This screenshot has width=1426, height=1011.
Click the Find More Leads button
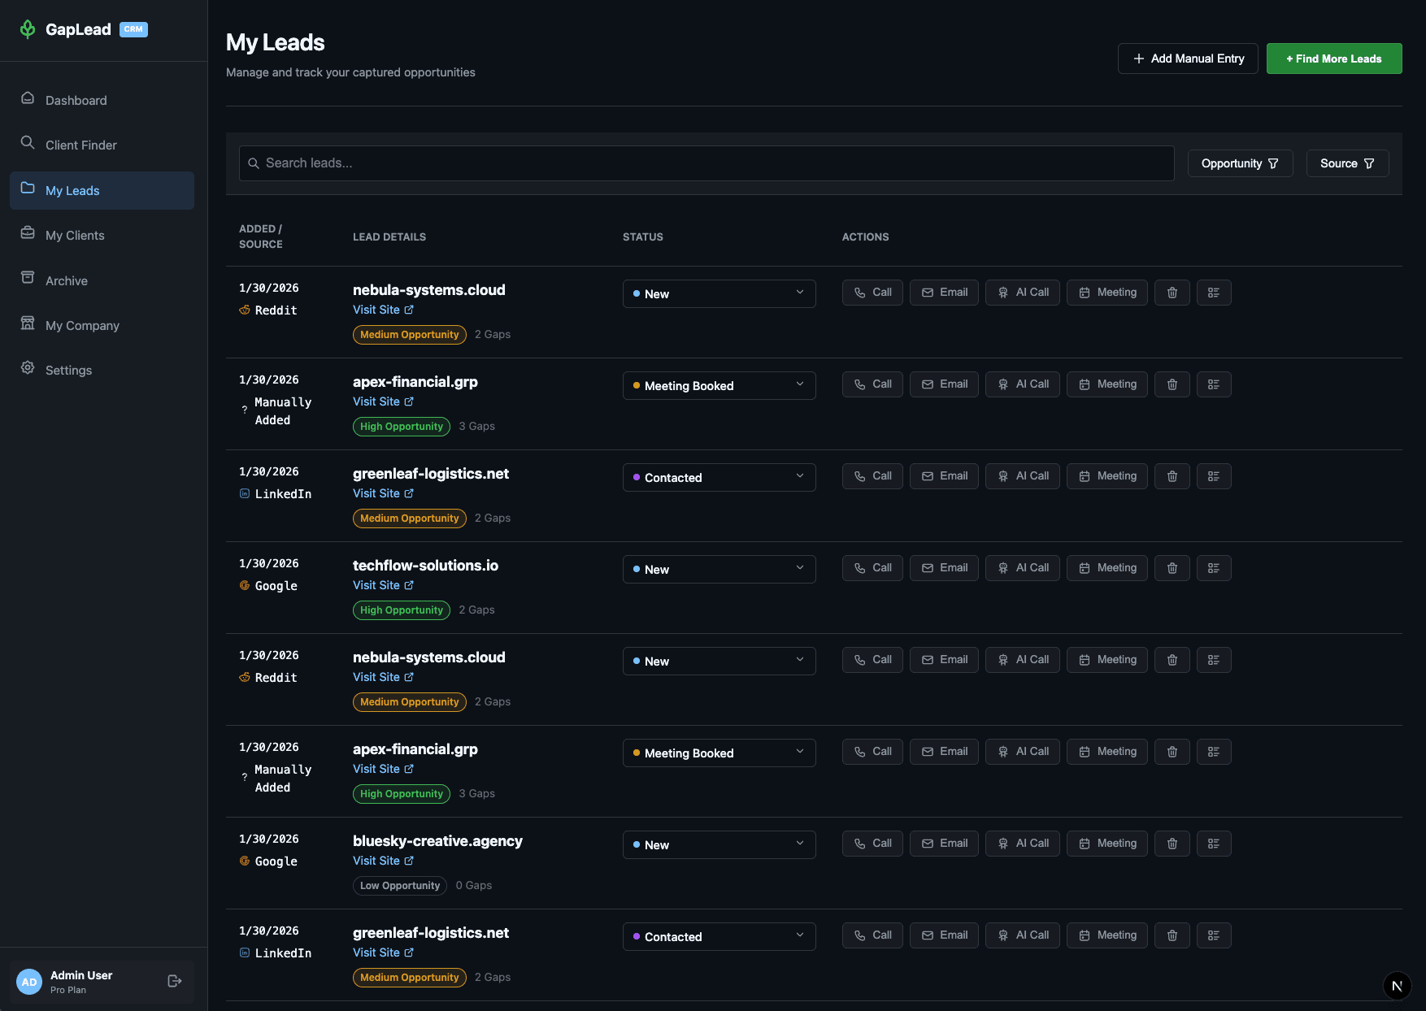point(1333,59)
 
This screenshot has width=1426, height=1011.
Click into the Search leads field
point(706,163)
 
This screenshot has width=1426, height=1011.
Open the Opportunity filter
point(1240,163)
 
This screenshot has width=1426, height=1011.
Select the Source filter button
point(1347,163)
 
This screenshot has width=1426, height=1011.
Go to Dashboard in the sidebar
point(76,100)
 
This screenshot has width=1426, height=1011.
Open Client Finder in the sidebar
point(80,145)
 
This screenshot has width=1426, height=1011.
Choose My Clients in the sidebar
point(75,235)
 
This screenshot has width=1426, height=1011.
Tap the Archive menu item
point(66,280)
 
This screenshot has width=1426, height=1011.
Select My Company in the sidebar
point(82,325)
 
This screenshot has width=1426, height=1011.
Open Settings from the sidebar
point(68,370)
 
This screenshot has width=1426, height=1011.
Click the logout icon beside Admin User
point(175,981)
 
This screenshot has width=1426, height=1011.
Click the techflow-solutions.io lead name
point(425,566)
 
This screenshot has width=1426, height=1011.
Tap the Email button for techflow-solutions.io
point(944,568)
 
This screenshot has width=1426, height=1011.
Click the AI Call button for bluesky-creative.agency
point(1023,844)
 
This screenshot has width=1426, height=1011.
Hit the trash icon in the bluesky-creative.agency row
point(1172,844)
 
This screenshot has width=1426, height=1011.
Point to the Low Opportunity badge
point(399,886)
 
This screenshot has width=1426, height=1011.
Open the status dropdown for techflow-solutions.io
point(719,569)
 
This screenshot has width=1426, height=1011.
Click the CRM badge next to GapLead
point(133,29)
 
